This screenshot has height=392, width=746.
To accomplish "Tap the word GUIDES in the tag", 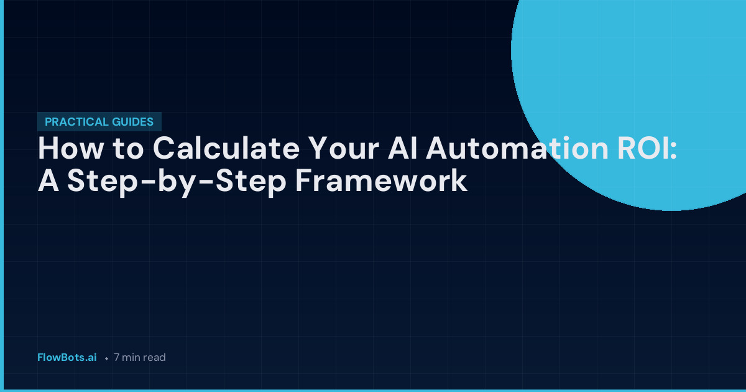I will pos(133,122).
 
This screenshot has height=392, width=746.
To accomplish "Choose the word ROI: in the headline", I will pos(643,150).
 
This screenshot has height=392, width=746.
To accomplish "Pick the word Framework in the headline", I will pos(380,181).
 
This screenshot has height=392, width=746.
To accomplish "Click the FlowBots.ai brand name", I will pos(67,358).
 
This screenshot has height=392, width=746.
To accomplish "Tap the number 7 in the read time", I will pos(117,358).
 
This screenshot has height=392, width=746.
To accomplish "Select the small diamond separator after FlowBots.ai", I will pos(107,358).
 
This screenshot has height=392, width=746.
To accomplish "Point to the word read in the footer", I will pos(154,358).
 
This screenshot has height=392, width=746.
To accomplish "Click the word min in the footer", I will pos(131,358).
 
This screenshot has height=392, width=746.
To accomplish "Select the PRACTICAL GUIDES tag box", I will pos(99,122).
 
